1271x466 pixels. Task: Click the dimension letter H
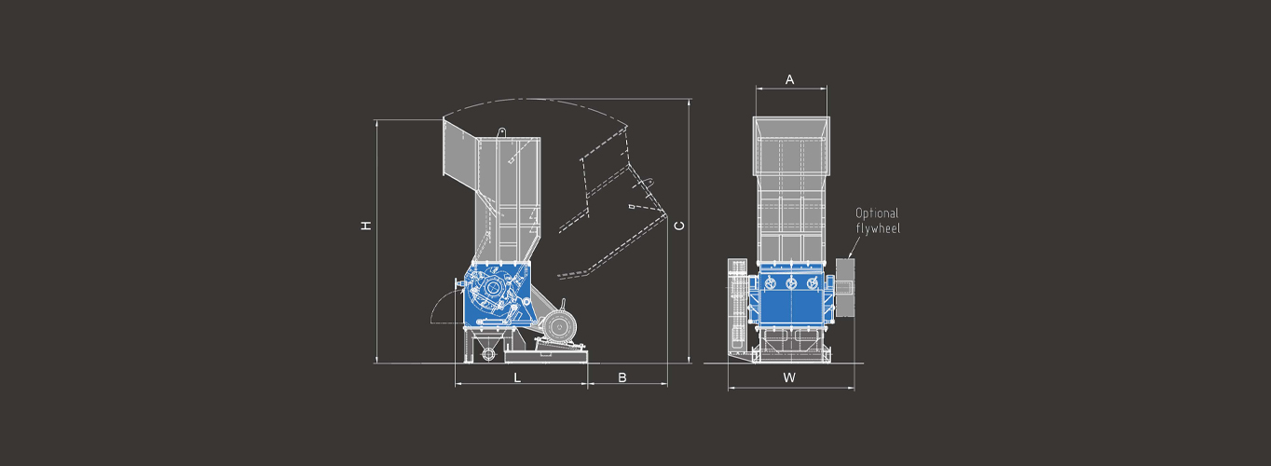click(x=367, y=226)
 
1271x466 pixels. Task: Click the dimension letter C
click(x=678, y=226)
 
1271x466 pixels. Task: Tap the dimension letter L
click(x=517, y=377)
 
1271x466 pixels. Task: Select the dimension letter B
click(x=622, y=377)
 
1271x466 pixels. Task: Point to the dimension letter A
click(x=790, y=80)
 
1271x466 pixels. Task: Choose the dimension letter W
click(x=789, y=377)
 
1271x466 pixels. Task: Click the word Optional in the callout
click(x=877, y=213)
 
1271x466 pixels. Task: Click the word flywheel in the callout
click(x=878, y=228)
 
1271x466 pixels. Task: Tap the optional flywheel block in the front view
click(x=845, y=287)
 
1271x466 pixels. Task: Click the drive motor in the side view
click(x=559, y=327)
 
